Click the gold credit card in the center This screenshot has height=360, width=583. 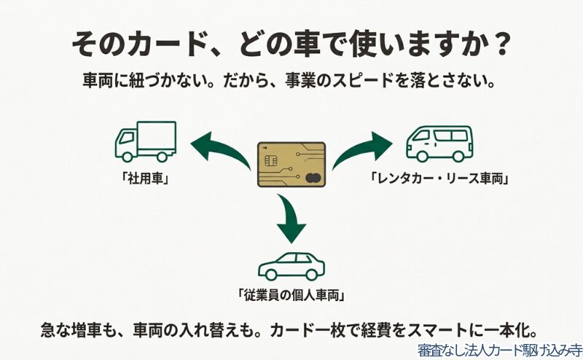point(291,165)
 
